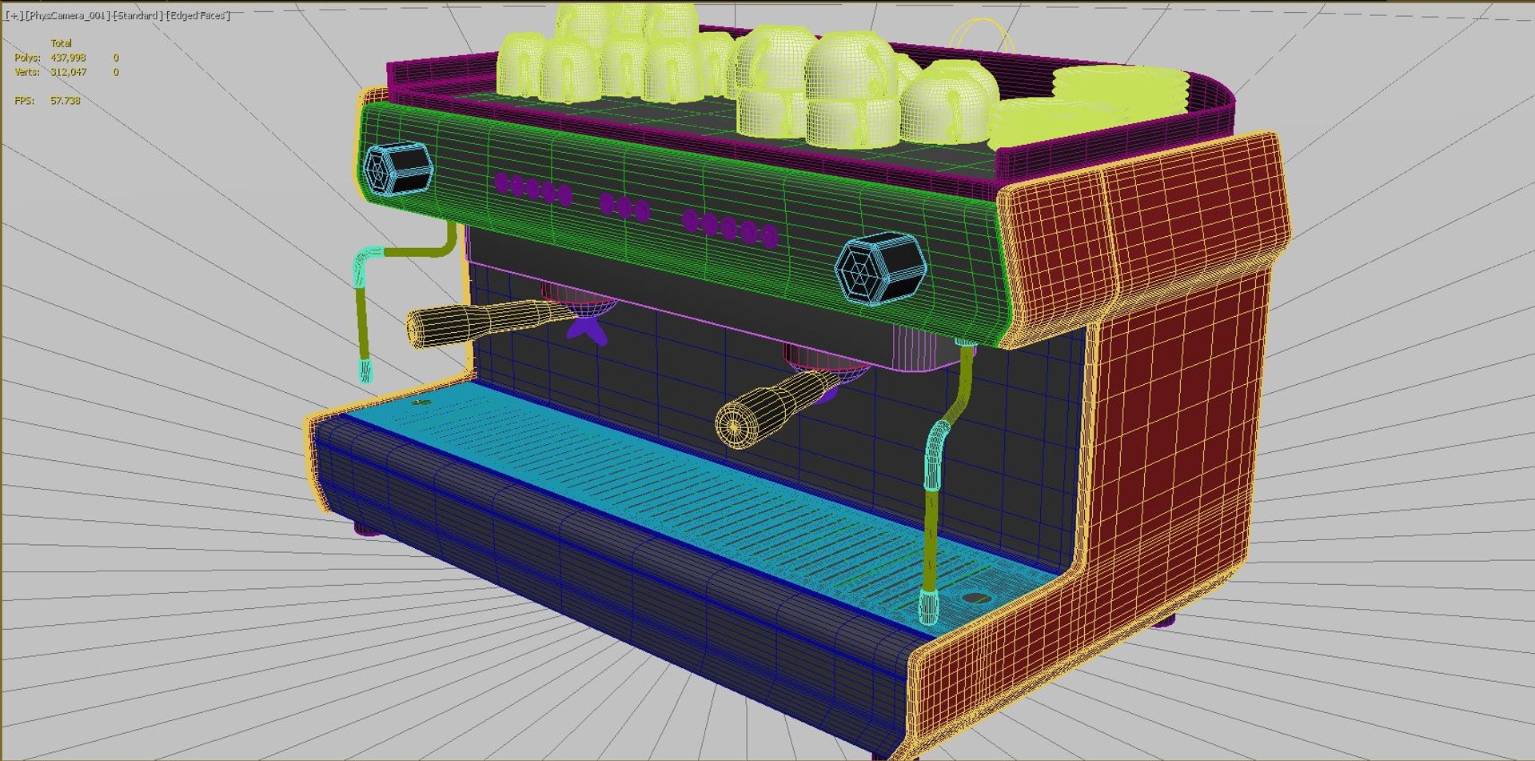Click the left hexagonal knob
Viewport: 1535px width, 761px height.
(397, 168)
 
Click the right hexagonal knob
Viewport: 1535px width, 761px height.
(880, 268)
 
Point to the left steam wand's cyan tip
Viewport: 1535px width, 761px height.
(365, 370)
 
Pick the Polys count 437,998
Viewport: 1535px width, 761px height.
(68, 58)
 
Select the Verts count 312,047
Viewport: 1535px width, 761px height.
(68, 72)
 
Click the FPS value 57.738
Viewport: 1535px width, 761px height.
(65, 101)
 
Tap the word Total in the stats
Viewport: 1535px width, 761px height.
(61, 43)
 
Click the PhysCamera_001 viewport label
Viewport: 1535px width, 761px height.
(68, 16)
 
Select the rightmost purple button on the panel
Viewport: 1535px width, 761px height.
(769, 235)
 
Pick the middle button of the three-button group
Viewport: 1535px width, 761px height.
(624, 207)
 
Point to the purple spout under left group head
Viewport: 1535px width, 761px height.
(588, 328)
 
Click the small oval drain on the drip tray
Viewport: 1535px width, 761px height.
(975, 598)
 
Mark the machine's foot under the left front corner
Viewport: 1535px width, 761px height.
(366, 528)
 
